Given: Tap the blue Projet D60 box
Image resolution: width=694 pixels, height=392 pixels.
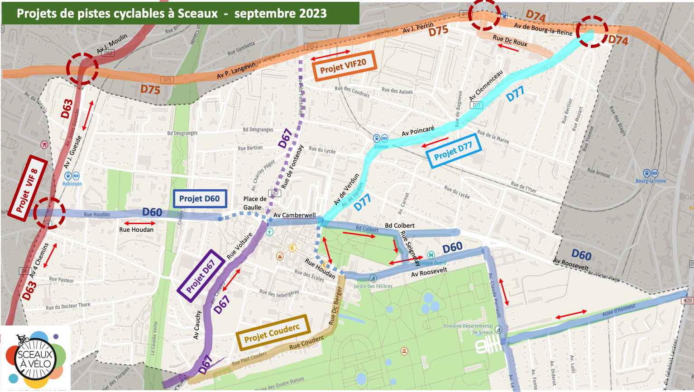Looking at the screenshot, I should click(200, 199).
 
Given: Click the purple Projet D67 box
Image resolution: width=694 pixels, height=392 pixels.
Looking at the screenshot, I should click(201, 275).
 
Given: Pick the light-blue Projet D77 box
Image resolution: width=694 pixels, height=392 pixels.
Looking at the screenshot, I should click(453, 151).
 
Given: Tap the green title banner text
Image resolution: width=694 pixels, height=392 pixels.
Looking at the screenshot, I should click(172, 13).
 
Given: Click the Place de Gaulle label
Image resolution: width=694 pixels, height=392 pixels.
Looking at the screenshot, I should click(255, 203).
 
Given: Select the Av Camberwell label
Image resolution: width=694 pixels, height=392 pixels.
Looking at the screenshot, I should click(295, 215).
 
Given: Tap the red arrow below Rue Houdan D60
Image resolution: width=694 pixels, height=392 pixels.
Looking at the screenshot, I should click(139, 223).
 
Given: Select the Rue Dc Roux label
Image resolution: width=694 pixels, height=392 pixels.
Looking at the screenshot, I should click(510, 40).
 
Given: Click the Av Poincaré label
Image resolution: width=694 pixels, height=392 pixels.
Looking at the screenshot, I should click(418, 131).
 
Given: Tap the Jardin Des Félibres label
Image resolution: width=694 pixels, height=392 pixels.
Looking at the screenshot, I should click(373, 286).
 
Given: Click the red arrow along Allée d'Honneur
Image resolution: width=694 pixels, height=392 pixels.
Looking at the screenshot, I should click(571, 314).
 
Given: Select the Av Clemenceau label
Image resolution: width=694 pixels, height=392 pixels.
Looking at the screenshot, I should click(486, 85).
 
